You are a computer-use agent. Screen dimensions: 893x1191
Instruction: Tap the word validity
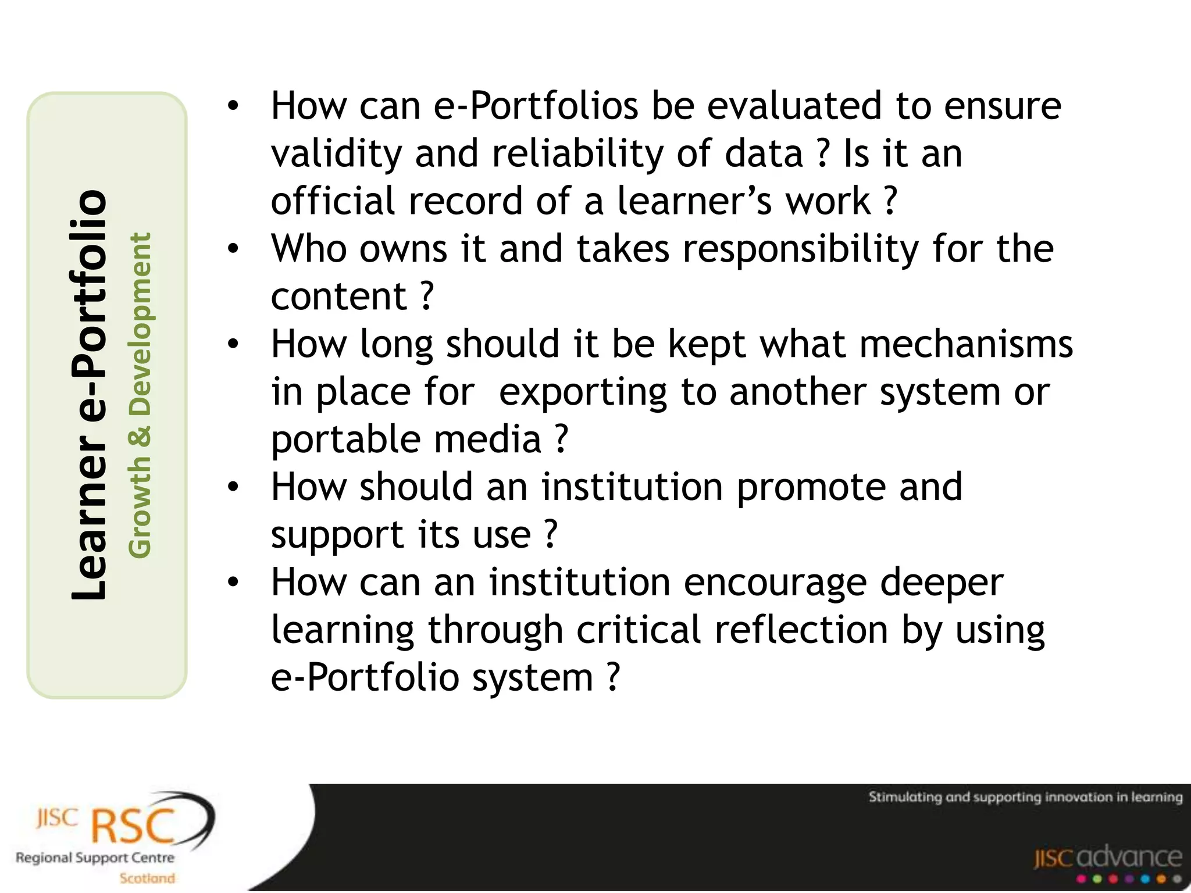tap(336, 154)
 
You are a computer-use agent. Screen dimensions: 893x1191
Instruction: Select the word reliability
tap(577, 154)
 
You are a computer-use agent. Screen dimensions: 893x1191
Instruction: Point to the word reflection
tap(801, 631)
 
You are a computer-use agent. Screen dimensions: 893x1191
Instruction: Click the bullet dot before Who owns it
tap(233, 249)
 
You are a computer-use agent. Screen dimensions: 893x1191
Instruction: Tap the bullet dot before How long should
tap(233, 344)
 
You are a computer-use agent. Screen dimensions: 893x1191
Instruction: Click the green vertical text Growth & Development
tap(140, 395)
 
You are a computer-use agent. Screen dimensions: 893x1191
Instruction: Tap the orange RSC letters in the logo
tap(134, 826)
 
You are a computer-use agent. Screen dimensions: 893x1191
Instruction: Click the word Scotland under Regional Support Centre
tap(147, 878)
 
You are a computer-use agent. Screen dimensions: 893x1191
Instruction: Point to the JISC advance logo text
tap(1107, 858)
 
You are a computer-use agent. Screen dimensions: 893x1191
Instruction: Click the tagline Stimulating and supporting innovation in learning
tap(1025, 797)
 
